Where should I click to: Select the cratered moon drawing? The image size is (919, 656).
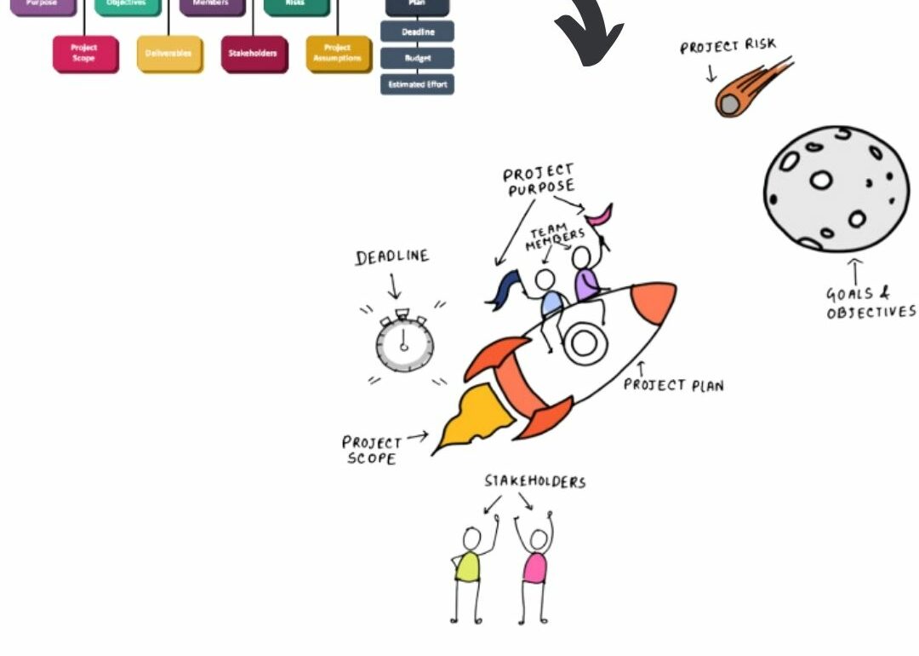click(836, 188)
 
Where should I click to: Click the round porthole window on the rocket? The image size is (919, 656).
click(584, 342)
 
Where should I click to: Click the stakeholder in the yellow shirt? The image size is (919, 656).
click(467, 567)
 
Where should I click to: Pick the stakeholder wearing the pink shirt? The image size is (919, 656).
click(535, 567)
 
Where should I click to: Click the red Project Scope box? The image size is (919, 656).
click(83, 53)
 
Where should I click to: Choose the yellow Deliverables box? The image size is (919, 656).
click(168, 53)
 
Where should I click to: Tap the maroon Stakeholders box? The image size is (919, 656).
click(253, 53)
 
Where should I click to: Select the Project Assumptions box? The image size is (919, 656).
click(338, 53)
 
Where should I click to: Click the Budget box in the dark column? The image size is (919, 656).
click(417, 58)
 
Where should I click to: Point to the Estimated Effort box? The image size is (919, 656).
click(417, 84)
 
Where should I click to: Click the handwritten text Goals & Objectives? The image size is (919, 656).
click(870, 303)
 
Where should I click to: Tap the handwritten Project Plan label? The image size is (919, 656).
click(673, 385)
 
